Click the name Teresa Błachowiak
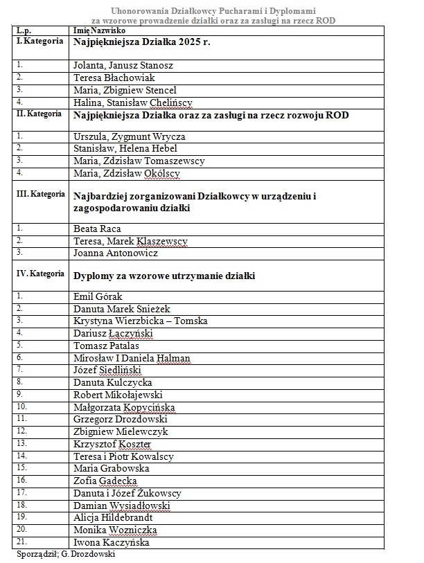114,78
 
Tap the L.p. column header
24,31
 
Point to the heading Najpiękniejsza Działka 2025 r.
142,42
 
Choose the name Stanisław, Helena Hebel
125,148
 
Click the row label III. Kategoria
40,194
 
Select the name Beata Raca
97,229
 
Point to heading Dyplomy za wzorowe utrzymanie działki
164,276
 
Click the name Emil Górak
98,296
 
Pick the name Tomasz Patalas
106,346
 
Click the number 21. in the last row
23,542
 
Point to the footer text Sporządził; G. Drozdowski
65,555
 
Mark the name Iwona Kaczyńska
111,543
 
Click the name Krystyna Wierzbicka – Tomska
140,321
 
